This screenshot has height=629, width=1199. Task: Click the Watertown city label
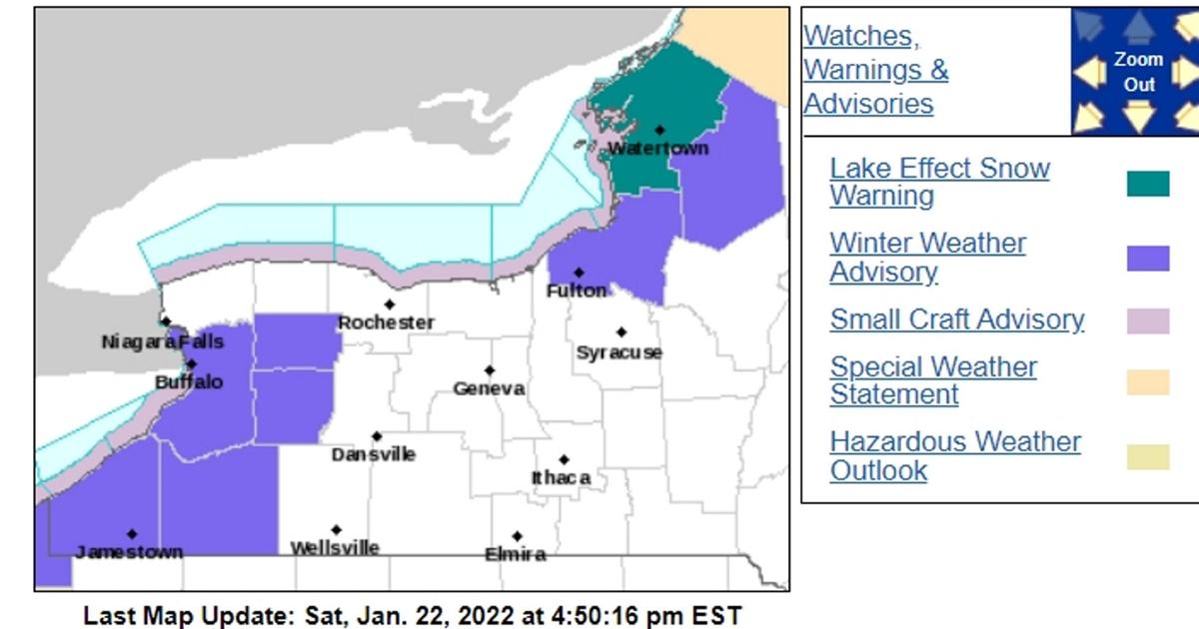[657, 148]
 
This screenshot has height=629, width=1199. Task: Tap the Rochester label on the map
[386, 322]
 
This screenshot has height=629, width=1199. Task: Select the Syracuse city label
[618, 352]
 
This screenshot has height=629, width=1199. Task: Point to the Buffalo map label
[189, 382]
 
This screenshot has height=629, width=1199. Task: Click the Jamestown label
[129, 552]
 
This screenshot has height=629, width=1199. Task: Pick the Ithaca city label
[561, 478]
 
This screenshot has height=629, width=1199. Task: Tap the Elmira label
[515, 554]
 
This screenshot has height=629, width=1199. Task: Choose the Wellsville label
[335, 548]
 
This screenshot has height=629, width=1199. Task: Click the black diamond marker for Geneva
[490, 370]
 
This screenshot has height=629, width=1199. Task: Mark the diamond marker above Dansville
[377, 436]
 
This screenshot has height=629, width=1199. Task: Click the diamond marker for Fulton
[579, 272]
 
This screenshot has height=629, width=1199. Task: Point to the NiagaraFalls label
[162, 342]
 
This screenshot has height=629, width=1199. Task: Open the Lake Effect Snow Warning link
[939, 182]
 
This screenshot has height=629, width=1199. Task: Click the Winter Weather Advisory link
[927, 258]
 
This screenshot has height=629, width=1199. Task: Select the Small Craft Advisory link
[956, 319]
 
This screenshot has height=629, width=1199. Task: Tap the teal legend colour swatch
[1148, 184]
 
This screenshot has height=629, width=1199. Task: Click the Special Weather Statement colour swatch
[1148, 382]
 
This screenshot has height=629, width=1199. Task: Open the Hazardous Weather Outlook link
[954, 456]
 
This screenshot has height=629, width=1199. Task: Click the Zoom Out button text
[1139, 72]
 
